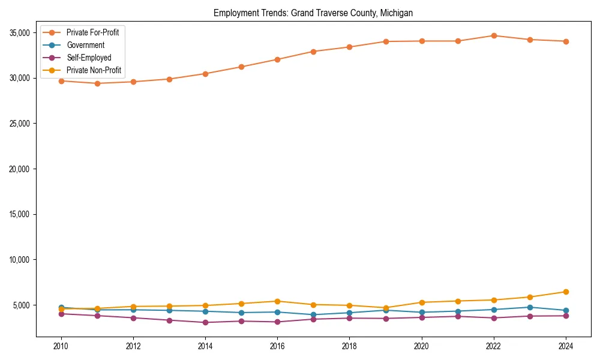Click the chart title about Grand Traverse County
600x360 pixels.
[x=313, y=13]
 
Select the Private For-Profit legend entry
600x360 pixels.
[x=92, y=32]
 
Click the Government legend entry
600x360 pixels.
[x=85, y=45]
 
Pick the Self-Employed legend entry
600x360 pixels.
[x=89, y=58]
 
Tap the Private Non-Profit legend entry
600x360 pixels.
[x=94, y=70]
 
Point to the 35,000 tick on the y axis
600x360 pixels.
[x=20, y=32]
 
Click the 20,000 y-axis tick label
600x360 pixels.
[x=20, y=169]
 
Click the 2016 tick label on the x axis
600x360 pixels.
[x=277, y=346]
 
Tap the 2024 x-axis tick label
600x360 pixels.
[x=565, y=346]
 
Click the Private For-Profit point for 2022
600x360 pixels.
[x=493, y=35]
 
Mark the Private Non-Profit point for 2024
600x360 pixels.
[x=565, y=292]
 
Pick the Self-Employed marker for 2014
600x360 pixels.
[x=205, y=322]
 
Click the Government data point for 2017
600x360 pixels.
[x=313, y=314]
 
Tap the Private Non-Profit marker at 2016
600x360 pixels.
[x=277, y=301]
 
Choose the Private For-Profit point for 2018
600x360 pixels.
[x=349, y=47]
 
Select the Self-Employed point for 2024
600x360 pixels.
[x=565, y=316]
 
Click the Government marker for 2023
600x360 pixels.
[x=529, y=307]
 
